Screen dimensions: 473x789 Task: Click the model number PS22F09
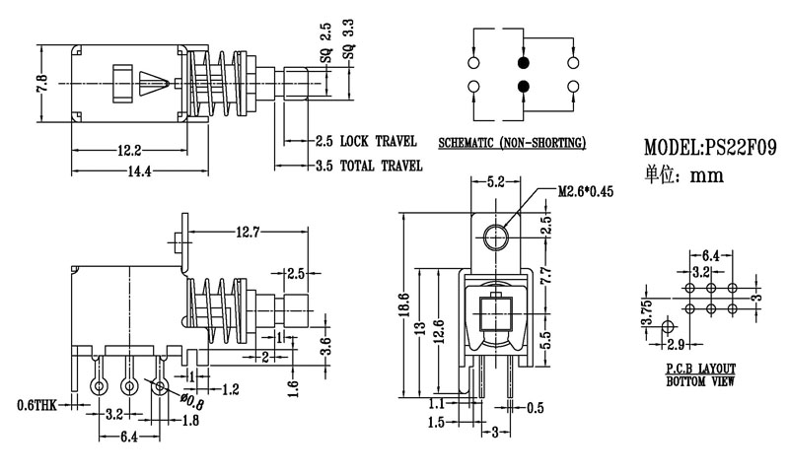coord(735,149)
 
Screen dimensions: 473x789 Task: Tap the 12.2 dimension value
coord(128,150)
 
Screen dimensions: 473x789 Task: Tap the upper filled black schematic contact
coord(523,62)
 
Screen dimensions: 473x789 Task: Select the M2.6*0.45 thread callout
coord(585,191)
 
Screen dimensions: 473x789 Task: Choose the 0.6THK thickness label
coord(36,405)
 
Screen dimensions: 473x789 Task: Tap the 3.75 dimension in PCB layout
coord(647,314)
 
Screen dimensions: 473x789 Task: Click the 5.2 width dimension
coord(497,182)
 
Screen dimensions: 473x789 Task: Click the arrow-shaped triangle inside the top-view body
coord(151,83)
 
